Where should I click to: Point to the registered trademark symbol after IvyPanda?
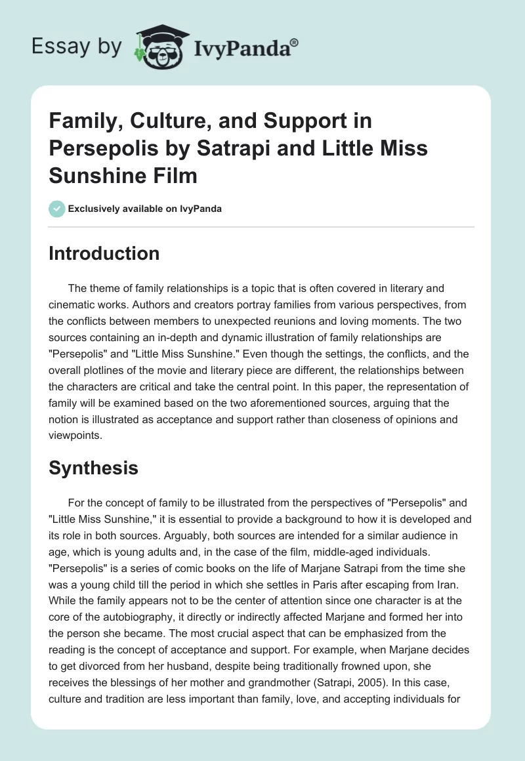[x=295, y=42]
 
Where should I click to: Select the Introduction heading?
[x=104, y=253]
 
